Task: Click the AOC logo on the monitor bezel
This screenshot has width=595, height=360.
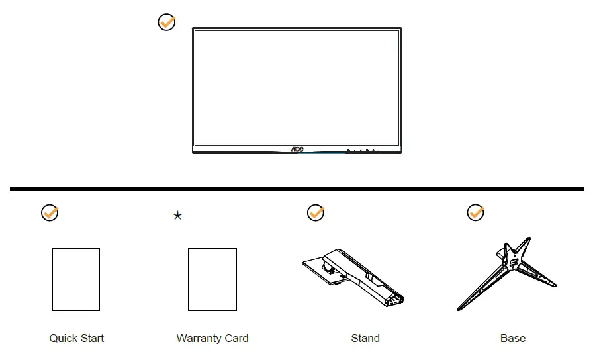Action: [297, 150]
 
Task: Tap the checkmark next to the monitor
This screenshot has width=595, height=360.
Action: [167, 22]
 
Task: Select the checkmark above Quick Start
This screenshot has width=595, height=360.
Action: [50, 212]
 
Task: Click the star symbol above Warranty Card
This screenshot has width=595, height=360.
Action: [177, 216]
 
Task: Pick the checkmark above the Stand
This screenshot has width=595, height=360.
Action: [316, 212]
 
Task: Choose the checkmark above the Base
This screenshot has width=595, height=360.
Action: [475, 212]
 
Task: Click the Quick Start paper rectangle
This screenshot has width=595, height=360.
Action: [76, 279]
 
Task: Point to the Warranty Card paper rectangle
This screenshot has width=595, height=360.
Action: [212, 279]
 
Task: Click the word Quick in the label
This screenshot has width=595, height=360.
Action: [63, 338]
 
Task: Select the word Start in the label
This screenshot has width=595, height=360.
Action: [91, 338]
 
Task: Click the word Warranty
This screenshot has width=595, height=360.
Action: [200, 338]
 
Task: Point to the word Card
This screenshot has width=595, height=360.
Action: [236, 338]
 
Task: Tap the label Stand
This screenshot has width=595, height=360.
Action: [365, 338]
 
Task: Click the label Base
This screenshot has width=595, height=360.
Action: [513, 338]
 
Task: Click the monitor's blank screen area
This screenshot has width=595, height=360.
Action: [297, 86]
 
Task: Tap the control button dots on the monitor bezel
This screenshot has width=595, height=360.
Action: [361, 150]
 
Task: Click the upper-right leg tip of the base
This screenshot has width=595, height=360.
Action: [528, 240]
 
